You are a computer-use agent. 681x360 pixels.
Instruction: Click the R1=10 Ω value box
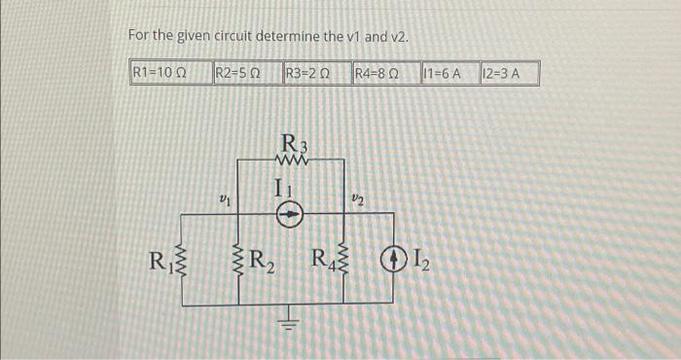point(159,72)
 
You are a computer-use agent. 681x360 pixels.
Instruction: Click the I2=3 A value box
point(507,72)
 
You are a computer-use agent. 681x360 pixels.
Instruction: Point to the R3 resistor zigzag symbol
point(292,161)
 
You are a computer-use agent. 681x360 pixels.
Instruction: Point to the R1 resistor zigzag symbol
point(183,263)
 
